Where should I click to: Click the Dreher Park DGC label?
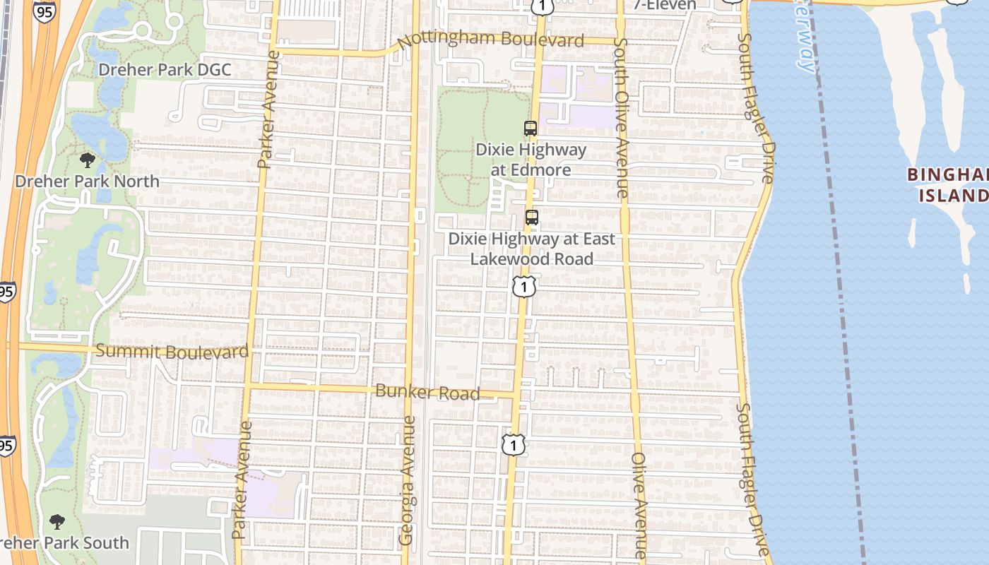click(165, 70)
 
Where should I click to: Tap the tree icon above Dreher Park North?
click(88, 160)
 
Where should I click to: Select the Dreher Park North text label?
click(88, 182)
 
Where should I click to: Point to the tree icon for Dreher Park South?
click(57, 522)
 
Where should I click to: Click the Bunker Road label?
click(428, 392)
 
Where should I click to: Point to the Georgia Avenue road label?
click(407, 480)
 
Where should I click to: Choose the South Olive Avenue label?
click(620, 117)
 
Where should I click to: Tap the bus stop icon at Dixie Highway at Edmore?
click(530, 129)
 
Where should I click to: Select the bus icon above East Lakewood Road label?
click(531, 218)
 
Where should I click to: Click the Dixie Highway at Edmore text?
click(531, 160)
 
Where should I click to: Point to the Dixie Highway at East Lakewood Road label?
click(531, 249)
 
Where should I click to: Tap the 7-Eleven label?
click(664, 4)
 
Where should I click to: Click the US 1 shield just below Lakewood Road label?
click(524, 285)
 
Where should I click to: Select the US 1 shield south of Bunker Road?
click(514, 444)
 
